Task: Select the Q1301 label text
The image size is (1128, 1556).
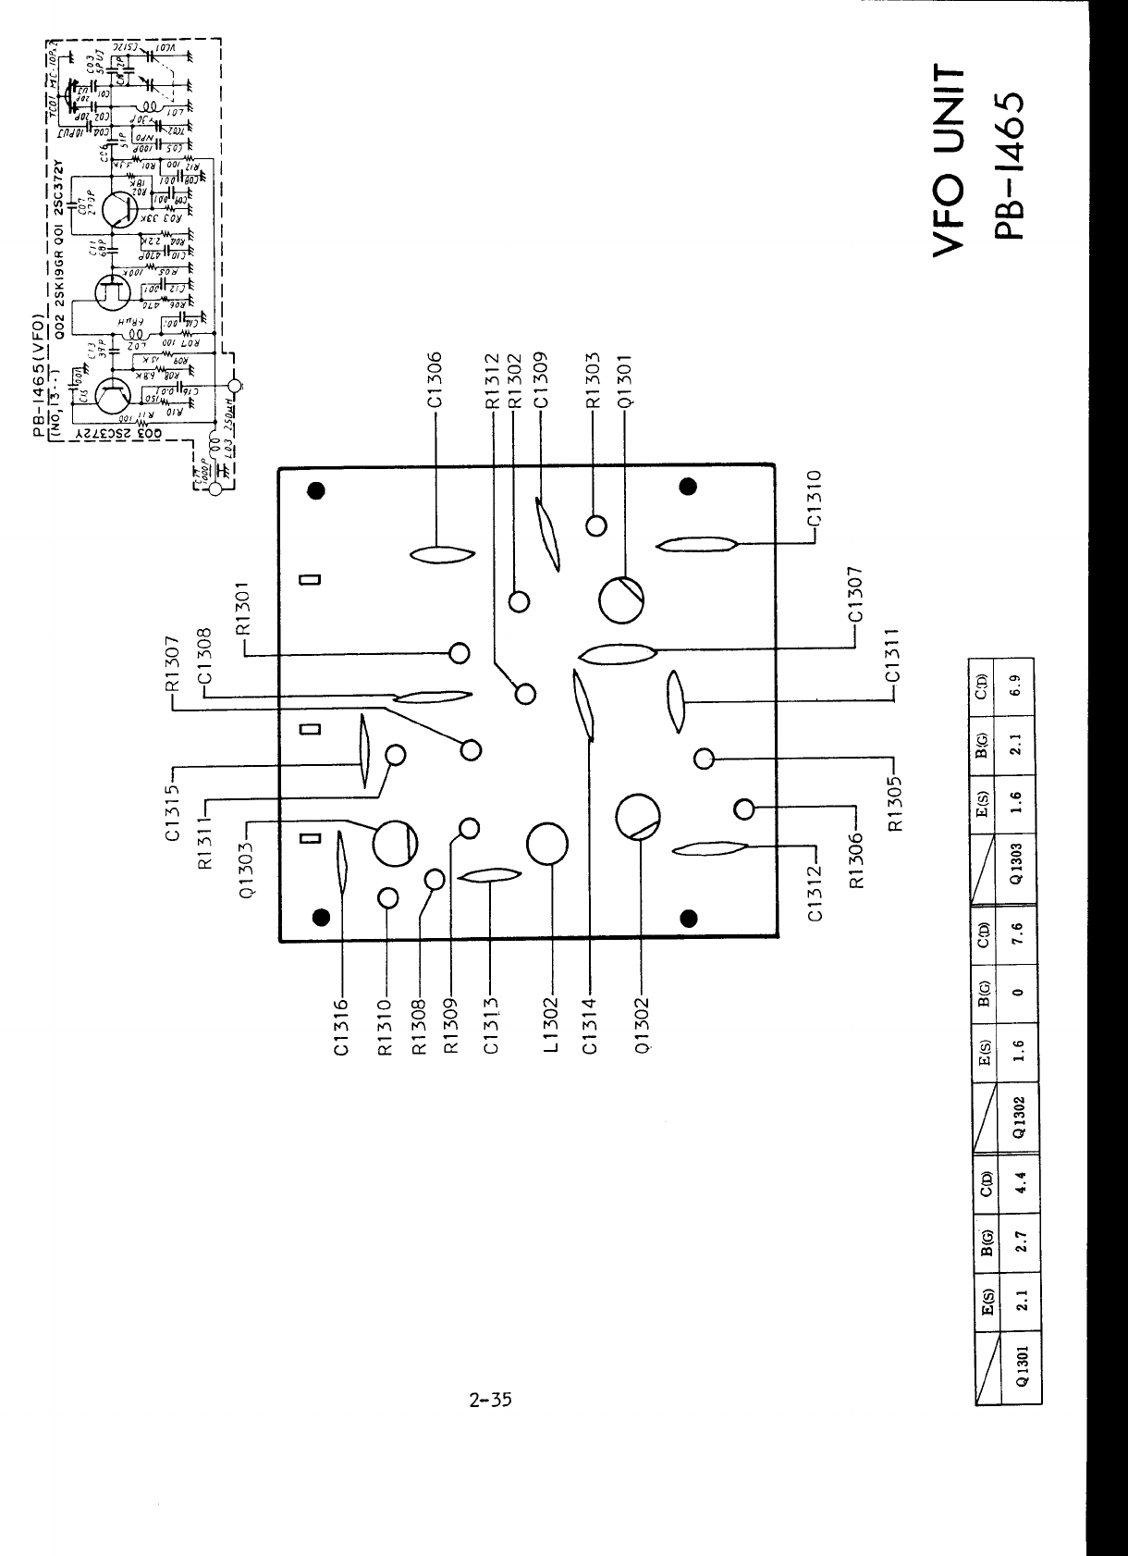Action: (x=625, y=380)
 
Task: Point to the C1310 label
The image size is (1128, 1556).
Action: (x=815, y=499)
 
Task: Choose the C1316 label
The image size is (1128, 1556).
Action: (x=342, y=1026)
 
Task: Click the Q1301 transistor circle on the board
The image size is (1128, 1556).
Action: (x=622, y=601)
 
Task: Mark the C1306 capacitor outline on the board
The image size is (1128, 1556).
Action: (x=441, y=554)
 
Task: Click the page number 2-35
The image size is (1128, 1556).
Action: (x=490, y=1400)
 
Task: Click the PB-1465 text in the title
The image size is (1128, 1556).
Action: (x=1010, y=166)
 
